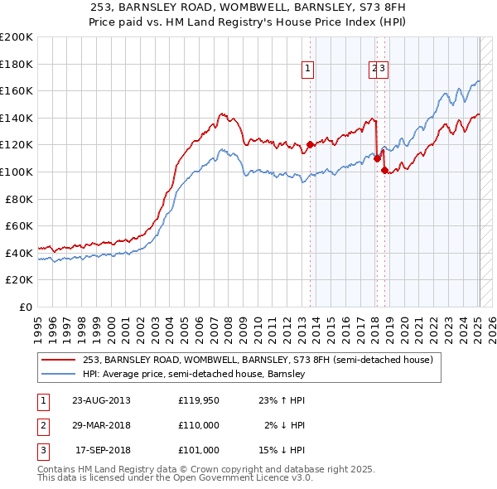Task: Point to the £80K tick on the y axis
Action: pyautogui.click(x=20, y=199)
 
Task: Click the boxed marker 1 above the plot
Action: pyautogui.click(x=307, y=70)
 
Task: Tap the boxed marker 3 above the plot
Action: pyautogui.click(x=384, y=70)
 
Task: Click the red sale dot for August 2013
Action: pyautogui.click(x=310, y=144)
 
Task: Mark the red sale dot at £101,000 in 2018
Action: pyautogui.click(x=384, y=170)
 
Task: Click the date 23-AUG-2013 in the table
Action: pyautogui.click(x=101, y=400)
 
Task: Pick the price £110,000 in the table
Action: pyautogui.click(x=198, y=425)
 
